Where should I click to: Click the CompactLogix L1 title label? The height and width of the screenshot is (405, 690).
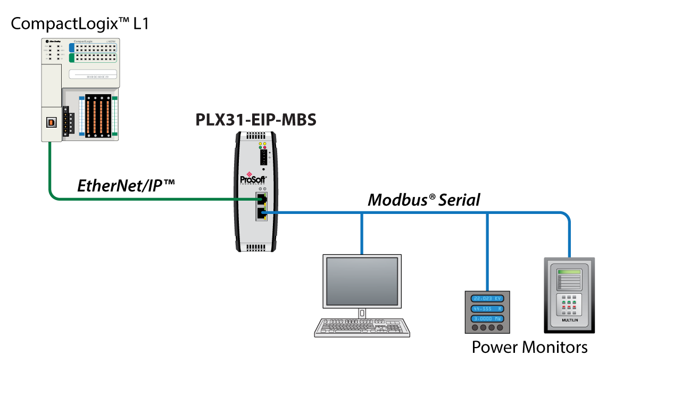tap(80, 24)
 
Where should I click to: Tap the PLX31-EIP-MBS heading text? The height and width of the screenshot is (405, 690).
tap(256, 120)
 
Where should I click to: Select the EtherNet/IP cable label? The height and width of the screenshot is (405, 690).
tap(126, 185)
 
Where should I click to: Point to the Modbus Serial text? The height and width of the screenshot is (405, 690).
tap(424, 200)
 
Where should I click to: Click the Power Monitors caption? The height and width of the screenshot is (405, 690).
tap(529, 348)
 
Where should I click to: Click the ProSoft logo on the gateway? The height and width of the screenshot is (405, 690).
tap(253, 179)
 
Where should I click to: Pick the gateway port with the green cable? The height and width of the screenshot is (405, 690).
tap(260, 199)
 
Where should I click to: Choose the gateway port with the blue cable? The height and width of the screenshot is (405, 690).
tap(260, 213)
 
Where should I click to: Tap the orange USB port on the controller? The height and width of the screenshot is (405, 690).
tap(52, 122)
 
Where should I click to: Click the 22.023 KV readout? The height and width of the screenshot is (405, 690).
tap(487, 299)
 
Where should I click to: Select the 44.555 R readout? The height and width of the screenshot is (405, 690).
tap(487, 309)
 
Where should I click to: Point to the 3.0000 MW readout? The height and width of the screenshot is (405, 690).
tap(487, 319)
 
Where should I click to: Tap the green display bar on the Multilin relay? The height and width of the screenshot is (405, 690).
tap(568, 272)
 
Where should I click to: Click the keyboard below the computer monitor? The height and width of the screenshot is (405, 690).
tap(362, 327)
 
